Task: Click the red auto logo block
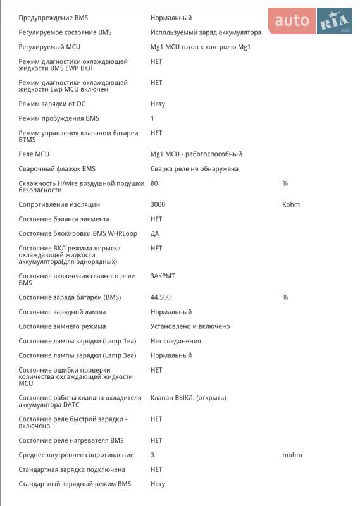[x=292, y=21]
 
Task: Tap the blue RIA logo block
[x=334, y=21]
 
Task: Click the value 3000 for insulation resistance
[x=158, y=204]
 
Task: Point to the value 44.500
[x=161, y=297]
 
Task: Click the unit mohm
[x=292, y=455]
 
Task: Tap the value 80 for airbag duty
[x=154, y=183]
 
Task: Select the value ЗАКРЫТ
[x=163, y=276]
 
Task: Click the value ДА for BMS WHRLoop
[x=155, y=233]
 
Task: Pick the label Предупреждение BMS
[x=53, y=18]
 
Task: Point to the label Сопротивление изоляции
[x=59, y=204]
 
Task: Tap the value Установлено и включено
[x=190, y=326]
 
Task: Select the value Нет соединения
[x=175, y=341]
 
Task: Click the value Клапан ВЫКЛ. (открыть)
[x=188, y=398]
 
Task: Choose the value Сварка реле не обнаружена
[x=194, y=169]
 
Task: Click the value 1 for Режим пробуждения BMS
[x=152, y=118]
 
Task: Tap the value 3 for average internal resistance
[x=152, y=455]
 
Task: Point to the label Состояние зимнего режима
[x=62, y=326]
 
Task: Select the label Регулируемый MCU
[x=49, y=47]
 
